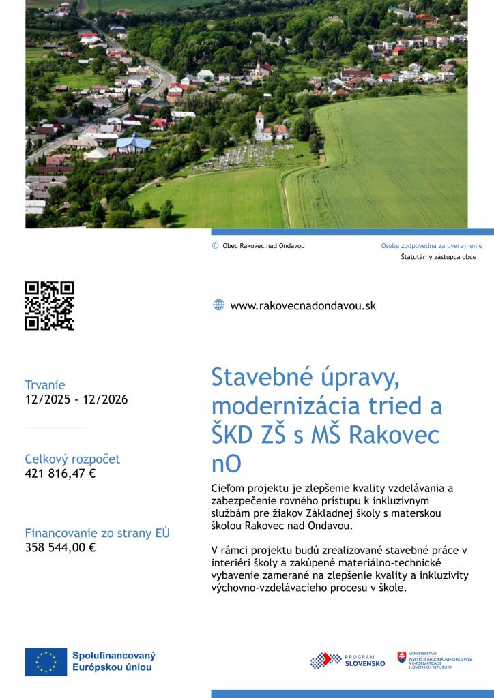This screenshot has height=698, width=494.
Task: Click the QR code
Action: pos(49,305)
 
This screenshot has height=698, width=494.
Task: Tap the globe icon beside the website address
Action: pos(218,305)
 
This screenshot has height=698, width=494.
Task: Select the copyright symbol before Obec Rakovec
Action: pos(216,245)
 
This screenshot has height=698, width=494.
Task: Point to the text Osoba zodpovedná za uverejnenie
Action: pos(431,245)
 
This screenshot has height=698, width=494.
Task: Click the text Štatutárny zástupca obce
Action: pos(438,257)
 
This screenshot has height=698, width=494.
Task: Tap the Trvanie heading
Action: pos(45,385)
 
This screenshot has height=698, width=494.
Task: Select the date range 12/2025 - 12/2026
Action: pos(76,399)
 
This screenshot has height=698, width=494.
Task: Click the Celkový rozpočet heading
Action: pos(72,459)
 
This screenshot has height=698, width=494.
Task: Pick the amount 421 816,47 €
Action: pos(60,473)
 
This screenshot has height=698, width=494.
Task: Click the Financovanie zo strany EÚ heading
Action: pos(97,533)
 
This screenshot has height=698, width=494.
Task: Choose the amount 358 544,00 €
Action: pos(60,547)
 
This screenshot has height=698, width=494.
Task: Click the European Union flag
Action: pos(46,662)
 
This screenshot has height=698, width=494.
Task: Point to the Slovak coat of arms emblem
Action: pos(402,658)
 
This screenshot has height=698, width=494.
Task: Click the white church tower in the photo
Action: pos(259,119)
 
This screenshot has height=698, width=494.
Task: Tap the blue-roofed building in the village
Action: pos(134,143)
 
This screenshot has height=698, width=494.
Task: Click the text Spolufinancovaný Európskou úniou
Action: pos(114,661)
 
